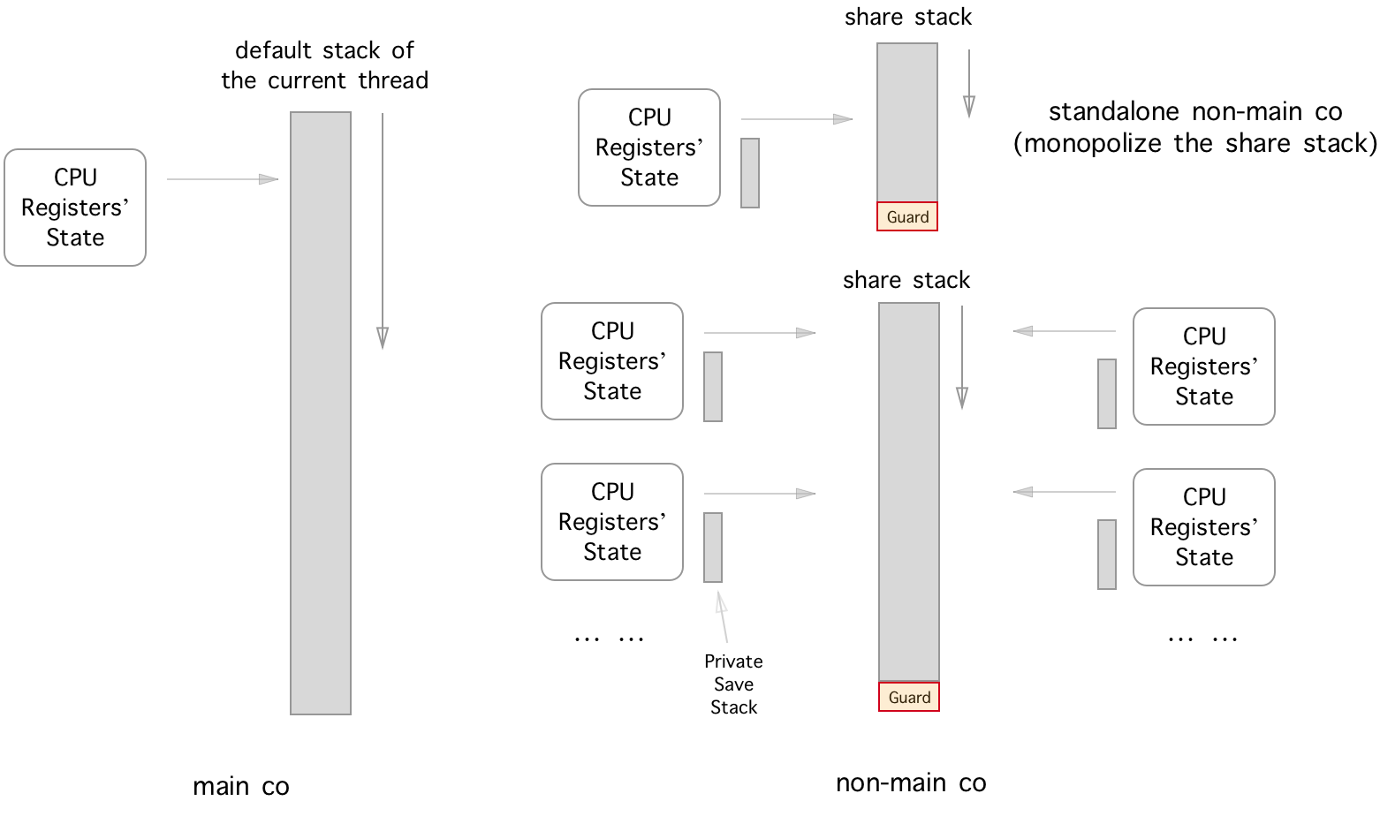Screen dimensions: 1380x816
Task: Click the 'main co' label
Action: pyautogui.click(x=240, y=786)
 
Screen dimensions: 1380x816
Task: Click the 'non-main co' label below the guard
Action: pyautogui.click(x=911, y=782)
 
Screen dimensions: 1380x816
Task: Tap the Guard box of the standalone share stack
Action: pyautogui.click(x=907, y=217)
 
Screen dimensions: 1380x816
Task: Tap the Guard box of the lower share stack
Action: pyautogui.click(x=909, y=697)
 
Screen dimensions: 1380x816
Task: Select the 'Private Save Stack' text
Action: pyautogui.click(x=733, y=684)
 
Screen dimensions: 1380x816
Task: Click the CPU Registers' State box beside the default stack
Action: pyautogui.click(x=75, y=208)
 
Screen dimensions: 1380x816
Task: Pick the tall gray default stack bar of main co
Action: pyautogui.click(x=321, y=412)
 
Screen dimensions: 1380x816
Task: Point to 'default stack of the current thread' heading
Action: pyautogui.click(x=324, y=65)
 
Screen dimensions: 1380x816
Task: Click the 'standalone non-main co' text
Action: pyautogui.click(x=1195, y=112)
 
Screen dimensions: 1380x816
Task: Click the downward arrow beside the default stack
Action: pyautogui.click(x=383, y=230)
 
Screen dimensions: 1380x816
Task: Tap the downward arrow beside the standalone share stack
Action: pyautogui.click(x=969, y=83)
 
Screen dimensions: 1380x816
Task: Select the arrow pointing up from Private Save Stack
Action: pyautogui.click(x=724, y=616)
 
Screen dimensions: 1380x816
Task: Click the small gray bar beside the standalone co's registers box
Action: pyautogui.click(x=750, y=173)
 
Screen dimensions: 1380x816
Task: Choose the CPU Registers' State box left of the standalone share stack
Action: pyautogui.click(x=649, y=147)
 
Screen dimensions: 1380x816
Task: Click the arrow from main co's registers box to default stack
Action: pyautogui.click(x=223, y=179)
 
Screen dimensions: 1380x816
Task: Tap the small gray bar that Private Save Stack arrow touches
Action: pyautogui.click(x=713, y=548)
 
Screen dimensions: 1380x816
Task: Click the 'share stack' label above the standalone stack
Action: pyautogui.click(x=907, y=18)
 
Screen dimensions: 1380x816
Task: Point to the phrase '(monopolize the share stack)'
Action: pyautogui.click(x=1195, y=143)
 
